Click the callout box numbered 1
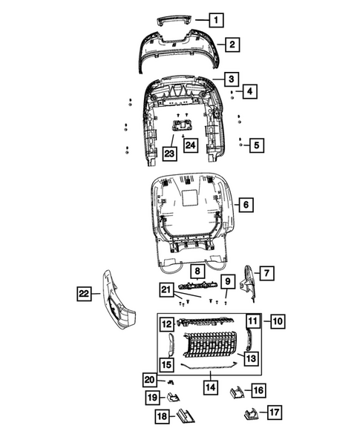click(215, 20)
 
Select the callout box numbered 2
click(232, 45)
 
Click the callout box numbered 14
click(211, 386)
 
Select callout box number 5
click(257, 145)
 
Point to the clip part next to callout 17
click(249, 413)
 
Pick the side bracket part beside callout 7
click(252, 283)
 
